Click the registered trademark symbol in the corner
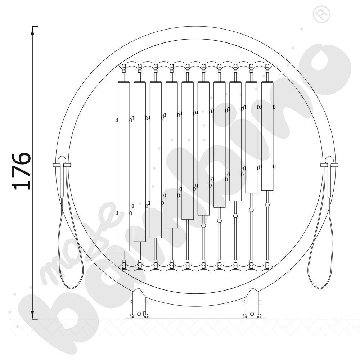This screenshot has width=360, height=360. tap(321, 14)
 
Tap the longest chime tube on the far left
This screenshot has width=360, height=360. tap(123, 166)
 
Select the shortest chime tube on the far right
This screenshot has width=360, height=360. tap(267, 136)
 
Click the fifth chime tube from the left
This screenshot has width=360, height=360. tap(187, 150)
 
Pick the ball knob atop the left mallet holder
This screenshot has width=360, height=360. tap(62, 159)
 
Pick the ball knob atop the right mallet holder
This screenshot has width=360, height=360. tap(329, 159)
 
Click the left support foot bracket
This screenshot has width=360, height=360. tap(139, 303)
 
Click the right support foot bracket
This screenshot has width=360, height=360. tap(252, 303)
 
